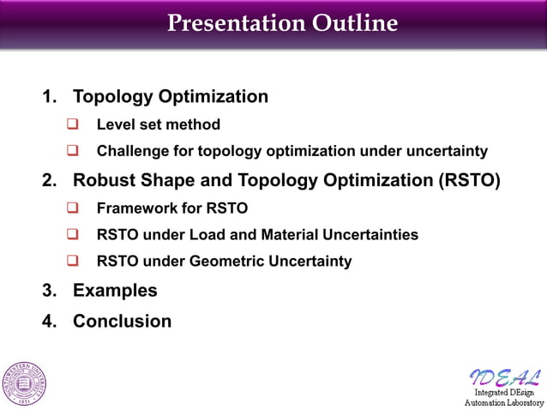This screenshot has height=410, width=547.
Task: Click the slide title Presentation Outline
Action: coord(282,23)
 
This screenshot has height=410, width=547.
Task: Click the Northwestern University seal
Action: coord(25,383)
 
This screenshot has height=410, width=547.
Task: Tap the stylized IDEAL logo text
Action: coord(505,377)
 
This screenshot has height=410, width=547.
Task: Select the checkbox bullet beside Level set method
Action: coord(73,124)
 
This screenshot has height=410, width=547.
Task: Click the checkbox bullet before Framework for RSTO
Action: coord(73,207)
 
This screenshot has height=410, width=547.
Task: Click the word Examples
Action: coord(115,291)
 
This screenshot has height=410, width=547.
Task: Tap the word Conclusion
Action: coord(122,322)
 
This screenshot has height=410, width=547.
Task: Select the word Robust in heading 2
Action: coord(102,181)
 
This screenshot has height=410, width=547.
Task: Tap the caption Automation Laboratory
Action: coord(503,401)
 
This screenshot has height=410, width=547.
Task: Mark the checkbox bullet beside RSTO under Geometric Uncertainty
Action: coord(73,262)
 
